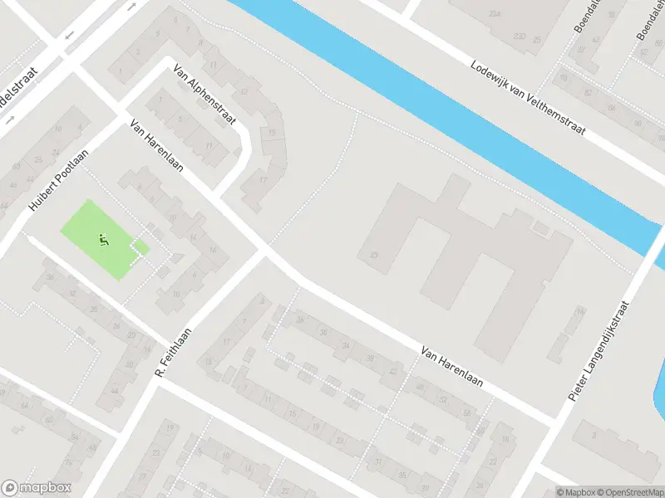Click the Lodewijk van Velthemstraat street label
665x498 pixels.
528,98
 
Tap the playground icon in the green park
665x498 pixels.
103,241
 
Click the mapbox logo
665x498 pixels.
37,488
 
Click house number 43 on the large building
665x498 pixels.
374,256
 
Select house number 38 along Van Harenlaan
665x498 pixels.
370,359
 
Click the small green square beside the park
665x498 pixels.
140,247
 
